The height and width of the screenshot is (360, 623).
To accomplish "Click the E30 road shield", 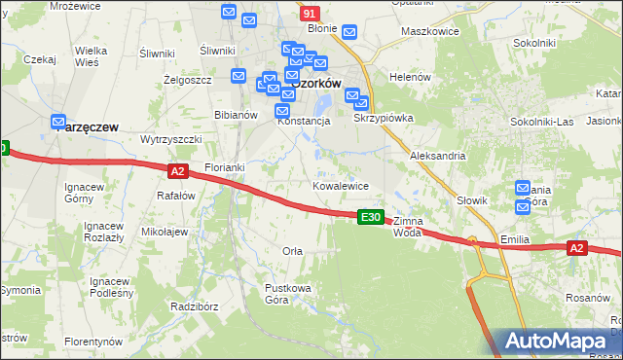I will click(370, 217).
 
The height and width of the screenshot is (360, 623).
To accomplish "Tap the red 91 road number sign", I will click(309, 14).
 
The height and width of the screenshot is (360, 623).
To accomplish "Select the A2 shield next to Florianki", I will click(176, 171).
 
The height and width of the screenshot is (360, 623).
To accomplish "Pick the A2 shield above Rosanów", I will click(576, 249).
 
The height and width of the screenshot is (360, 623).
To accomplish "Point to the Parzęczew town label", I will click(87, 126).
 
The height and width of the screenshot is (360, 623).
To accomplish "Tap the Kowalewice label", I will click(340, 185).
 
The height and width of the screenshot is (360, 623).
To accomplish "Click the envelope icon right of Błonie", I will click(349, 31).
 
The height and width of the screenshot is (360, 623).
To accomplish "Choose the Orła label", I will click(292, 251).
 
